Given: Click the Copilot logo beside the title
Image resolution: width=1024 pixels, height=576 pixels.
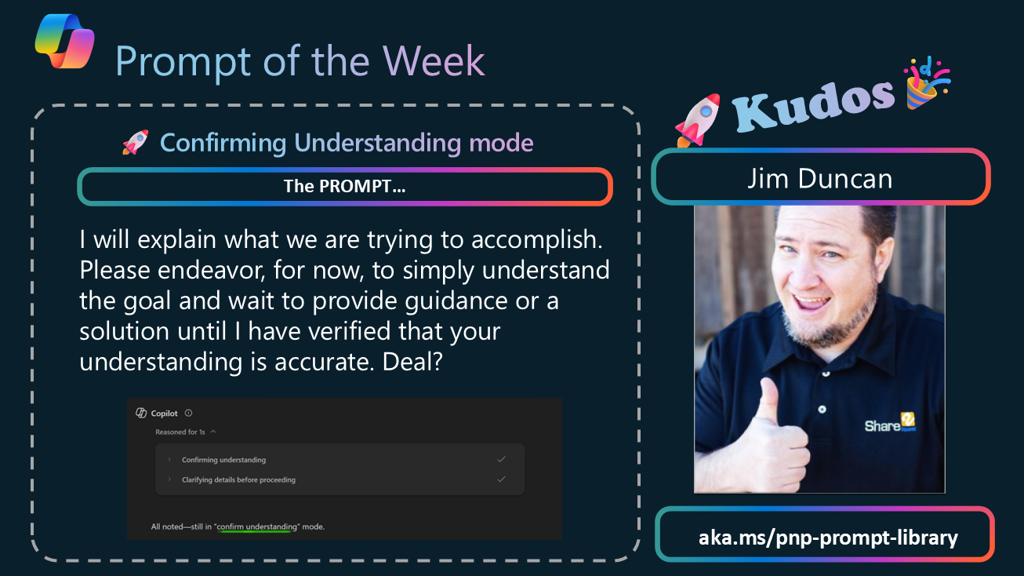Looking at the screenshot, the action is pos(64,41).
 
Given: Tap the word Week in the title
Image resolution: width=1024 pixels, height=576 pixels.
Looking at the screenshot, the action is pos(434,61).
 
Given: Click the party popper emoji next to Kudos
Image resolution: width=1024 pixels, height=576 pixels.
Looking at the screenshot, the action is pos(926,83).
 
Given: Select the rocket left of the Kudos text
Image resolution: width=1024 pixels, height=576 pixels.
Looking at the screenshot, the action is pos(698,120).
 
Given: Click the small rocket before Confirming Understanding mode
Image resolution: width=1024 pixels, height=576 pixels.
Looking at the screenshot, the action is pos(136,142).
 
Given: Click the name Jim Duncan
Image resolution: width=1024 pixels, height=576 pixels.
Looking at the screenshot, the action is pos(820,178).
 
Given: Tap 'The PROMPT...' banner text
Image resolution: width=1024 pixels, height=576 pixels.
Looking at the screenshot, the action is pos(345,186).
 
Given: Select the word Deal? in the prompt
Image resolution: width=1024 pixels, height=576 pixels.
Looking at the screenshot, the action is pos(412,362).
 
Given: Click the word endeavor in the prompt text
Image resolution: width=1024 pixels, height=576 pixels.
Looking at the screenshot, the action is pos(212,270).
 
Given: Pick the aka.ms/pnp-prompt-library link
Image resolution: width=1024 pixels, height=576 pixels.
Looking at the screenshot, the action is pos(828,537).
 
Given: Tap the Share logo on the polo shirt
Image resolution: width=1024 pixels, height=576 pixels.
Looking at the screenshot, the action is pos(890,424).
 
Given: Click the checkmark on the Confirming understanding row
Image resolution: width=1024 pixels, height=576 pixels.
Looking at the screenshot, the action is pos(502,459).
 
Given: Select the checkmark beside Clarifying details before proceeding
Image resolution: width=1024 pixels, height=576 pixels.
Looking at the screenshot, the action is pos(502,479).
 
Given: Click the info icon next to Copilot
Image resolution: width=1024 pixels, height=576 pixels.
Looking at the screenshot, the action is pos(188,413).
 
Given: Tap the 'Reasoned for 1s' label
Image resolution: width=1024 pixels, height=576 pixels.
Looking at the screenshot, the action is pos(180,432).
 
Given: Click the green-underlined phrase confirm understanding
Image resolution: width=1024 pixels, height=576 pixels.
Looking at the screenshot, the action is pos(256,527).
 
